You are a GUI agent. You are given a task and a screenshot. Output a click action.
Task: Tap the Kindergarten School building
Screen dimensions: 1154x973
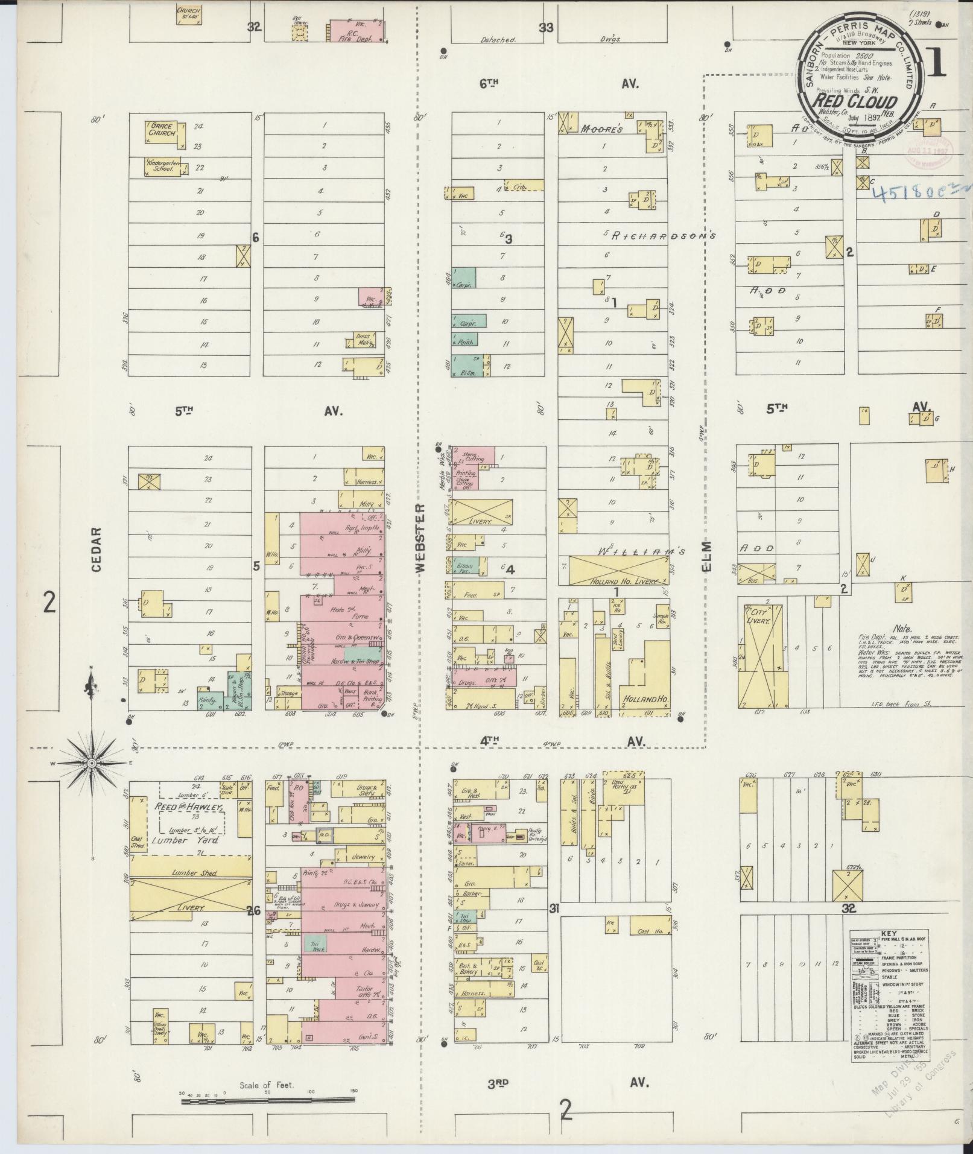(161, 166)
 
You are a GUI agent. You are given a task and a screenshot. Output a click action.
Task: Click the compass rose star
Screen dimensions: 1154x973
(92, 763)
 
